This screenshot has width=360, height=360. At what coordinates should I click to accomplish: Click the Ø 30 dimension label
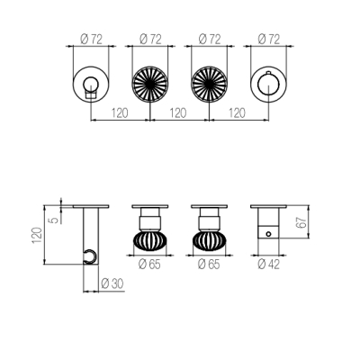pyautogui.click(x=112, y=283)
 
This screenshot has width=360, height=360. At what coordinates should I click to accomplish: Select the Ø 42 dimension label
pyautogui.click(x=268, y=265)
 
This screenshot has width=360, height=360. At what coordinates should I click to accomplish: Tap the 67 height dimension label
pyautogui.click(x=302, y=222)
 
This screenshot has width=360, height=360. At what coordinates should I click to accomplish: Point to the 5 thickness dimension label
pyautogui.click(x=54, y=220)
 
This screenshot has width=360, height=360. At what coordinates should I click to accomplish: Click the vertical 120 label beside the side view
pyautogui.click(x=37, y=235)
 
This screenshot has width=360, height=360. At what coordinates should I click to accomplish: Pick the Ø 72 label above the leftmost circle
pyautogui.click(x=92, y=39)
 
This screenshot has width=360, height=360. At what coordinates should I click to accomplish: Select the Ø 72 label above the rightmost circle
pyautogui.click(x=268, y=39)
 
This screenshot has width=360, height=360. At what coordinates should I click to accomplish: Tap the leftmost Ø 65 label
pyautogui.click(x=149, y=265)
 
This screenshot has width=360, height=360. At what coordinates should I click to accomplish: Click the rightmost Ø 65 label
pyautogui.click(x=209, y=265)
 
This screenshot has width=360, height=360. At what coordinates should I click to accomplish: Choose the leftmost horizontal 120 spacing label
pyautogui.click(x=120, y=113)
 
